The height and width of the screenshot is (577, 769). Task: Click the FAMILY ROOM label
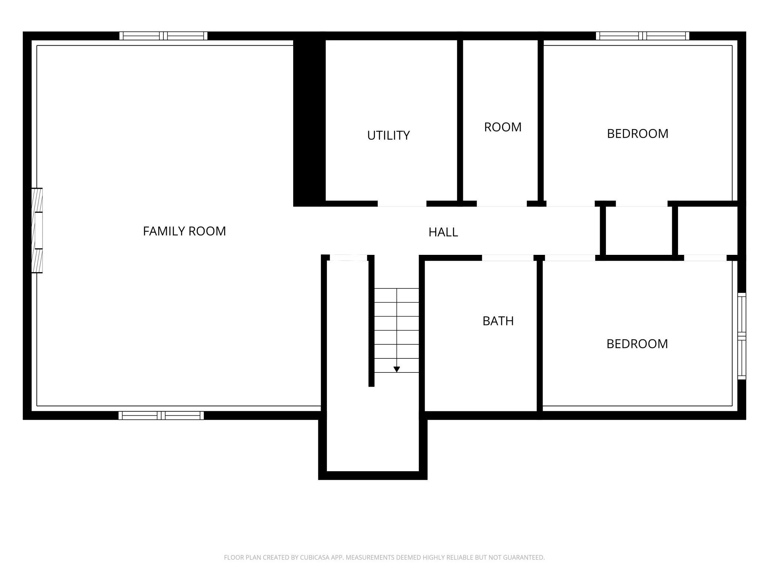pyautogui.click(x=184, y=231)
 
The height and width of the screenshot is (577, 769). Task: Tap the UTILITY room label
pyautogui.click(x=388, y=135)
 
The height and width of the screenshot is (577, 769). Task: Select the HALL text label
pyautogui.click(x=443, y=232)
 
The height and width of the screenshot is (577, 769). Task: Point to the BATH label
pyautogui.click(x=498, y=321)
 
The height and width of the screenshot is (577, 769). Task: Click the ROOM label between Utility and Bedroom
pyautogui.click(x=503, y=127)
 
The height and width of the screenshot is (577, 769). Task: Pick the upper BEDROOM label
pyautogui.click(x=637, y=134)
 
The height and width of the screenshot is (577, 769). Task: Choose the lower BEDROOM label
pyautogui.click(x=637, y=344)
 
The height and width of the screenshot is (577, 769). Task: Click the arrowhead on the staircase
pyautogui.click(x=397, y=369)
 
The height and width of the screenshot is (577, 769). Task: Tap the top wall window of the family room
pyautogui.click(x=163, y=36)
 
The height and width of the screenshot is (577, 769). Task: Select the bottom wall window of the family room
pyautogui.click(x=161, y=415)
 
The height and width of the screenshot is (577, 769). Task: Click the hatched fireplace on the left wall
pyautogui.click(x=37, y=231)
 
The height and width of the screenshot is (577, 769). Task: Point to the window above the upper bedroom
pyautogui.click(x=643, y=36)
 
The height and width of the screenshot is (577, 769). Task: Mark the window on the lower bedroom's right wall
pyautogui.click(x=742, y=336)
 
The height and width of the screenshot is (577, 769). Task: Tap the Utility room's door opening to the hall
pyautogui.click(x=402, y=204)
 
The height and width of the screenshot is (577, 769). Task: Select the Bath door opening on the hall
pyautogui.click(x=508, y=258)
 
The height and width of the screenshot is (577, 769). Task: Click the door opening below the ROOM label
pyautogui.click(x=502, y=204)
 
